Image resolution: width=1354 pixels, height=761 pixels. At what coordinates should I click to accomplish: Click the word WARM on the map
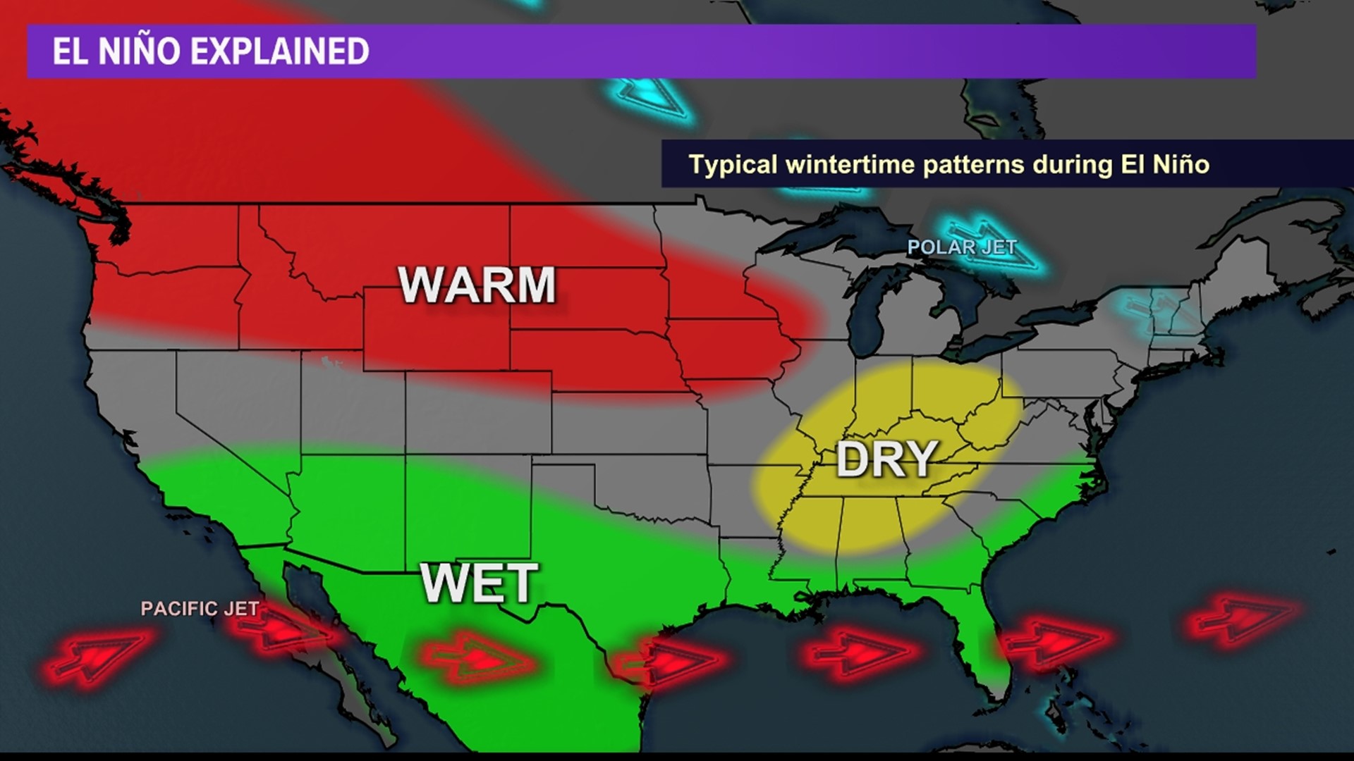point(477,285)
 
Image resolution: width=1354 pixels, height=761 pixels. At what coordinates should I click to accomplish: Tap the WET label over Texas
point(480,583)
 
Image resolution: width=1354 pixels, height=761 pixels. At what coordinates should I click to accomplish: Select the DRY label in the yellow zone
point(886,459)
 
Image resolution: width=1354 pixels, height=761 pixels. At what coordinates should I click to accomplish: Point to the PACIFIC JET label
point(200,609)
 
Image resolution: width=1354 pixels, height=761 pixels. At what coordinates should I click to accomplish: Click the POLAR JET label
point(961,247)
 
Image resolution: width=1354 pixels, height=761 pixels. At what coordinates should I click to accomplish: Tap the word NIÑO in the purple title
point(139,51)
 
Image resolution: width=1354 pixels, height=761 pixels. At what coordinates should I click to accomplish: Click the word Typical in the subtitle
point(733,165)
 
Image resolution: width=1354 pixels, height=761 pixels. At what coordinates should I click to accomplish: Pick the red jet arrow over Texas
point(480,660)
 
